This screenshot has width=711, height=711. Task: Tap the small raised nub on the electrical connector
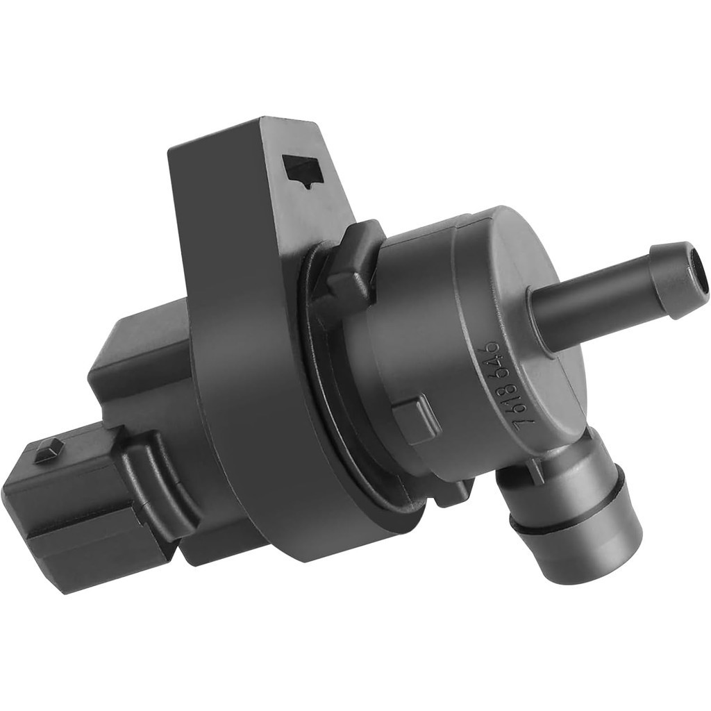click(x=49, y=451)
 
